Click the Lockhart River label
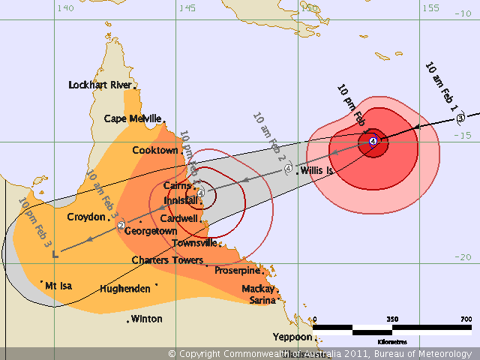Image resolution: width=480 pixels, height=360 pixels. [99, 85]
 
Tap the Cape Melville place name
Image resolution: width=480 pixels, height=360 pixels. [132, 118]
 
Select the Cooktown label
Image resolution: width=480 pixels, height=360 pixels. [154, 150]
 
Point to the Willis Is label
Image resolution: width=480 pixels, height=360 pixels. [316, 171]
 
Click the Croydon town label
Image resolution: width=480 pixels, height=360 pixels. [86, 217]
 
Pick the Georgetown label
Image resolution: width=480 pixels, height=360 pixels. [149, 231]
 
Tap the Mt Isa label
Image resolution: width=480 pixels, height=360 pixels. [62, 286]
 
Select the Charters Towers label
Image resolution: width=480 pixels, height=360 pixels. [166, 260]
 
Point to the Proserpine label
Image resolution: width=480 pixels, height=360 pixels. [237, 270]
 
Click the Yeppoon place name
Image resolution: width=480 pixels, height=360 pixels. [291, 337]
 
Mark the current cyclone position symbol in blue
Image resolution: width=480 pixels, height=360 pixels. [373, 141]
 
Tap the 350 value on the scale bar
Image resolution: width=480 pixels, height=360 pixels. [392, 319]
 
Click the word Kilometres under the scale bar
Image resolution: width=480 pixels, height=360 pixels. [392, 340]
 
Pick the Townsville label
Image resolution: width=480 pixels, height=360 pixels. [194, 243]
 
